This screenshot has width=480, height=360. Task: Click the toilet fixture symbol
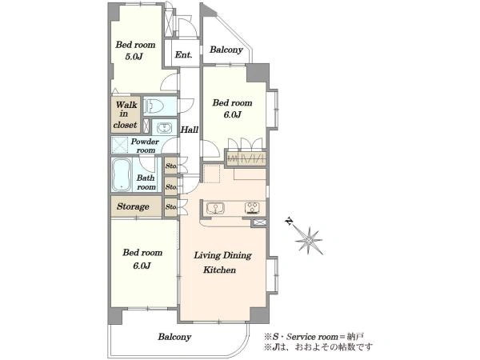[154, 106]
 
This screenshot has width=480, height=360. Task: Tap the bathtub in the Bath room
[122, 175]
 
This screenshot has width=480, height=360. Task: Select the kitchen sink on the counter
[215, 208]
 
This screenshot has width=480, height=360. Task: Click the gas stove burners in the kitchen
[252, 208]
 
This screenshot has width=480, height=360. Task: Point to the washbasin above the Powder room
[165, 127]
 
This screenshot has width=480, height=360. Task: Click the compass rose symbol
[309, 241]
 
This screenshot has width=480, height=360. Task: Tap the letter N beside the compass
[288, 221]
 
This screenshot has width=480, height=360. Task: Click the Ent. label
[183, 54]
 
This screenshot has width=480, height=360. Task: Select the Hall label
[189, 130]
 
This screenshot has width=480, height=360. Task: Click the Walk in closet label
[126, 114]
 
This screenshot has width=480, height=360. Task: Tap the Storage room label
[133, 206]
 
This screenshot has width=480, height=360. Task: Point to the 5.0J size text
[134, 57]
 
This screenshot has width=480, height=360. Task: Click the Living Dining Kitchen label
[222, 262]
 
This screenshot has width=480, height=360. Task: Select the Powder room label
[145, 146]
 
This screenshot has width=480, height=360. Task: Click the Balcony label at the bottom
[174, 337]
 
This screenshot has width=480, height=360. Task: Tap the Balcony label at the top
[226, 50]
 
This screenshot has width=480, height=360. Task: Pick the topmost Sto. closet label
[171, 166]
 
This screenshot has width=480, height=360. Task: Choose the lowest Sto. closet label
[171, 207]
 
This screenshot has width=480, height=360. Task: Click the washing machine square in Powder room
[119, 145]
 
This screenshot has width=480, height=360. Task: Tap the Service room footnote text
[314, 337]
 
